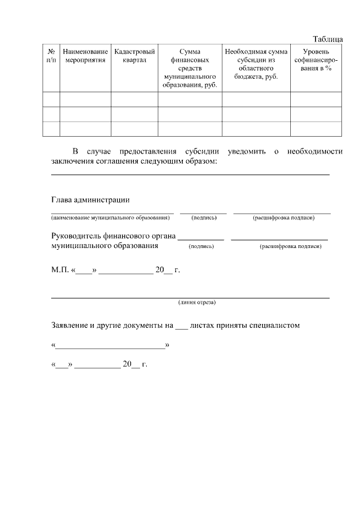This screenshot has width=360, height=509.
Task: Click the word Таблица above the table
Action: [327, 39]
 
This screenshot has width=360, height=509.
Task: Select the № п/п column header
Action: [51, 56]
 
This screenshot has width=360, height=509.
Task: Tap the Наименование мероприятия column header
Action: [85, 56]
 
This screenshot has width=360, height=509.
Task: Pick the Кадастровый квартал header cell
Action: [134, 56]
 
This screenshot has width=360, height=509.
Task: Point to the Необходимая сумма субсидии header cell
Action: [256, 64]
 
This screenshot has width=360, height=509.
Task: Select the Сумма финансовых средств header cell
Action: [190, 68]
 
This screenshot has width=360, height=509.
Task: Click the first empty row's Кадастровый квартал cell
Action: [134, 100]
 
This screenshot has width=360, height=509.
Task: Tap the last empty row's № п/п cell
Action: [51, 129]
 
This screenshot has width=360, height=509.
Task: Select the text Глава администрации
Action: [91, 200]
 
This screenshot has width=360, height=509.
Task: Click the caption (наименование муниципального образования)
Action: [110, 217]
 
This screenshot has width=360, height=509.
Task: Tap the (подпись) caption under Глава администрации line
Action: [204, 217]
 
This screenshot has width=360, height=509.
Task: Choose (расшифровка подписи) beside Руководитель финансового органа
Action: [290, 246]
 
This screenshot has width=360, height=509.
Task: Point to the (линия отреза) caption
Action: [197, 302]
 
